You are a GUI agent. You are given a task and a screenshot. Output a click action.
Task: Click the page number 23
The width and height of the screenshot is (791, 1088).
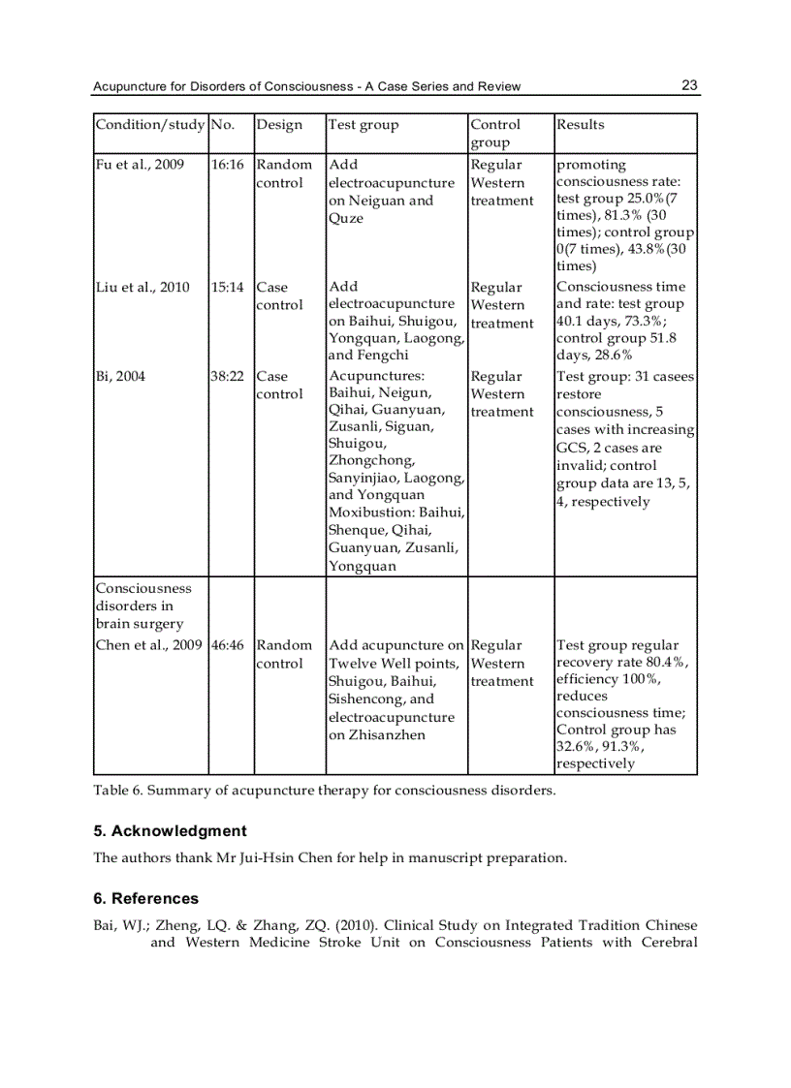[x=689, y=85]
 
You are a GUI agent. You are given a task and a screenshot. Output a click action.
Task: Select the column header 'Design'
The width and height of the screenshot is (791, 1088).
[x=279, y=125]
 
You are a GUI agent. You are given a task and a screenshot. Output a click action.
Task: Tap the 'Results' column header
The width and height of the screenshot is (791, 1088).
[x=580, y=125]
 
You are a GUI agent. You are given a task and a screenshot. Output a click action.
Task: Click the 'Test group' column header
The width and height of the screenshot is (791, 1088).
[x=364, y=125]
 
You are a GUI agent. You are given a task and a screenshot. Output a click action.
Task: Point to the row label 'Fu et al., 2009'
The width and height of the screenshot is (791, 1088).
[x=140, y=165]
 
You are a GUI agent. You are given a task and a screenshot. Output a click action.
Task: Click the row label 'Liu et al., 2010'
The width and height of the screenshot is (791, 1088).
[x=142, y=288]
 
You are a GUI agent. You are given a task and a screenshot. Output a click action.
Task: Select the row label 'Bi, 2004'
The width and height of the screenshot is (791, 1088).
[x=120, y=377]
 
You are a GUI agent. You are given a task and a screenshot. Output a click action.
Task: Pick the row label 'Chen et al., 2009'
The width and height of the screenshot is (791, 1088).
[x=148, y=645]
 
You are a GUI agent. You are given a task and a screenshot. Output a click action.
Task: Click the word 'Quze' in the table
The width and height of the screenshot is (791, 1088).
[x=346, y=219]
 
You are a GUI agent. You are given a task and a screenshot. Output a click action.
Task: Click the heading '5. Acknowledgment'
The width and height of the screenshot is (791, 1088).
[x=170, y=831]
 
